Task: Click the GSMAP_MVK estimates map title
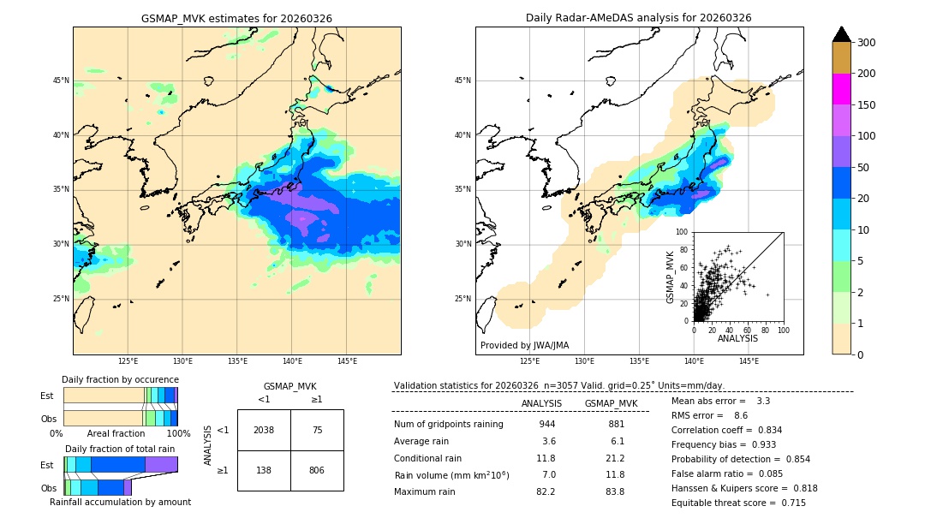click(236, 18)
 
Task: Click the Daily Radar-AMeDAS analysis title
click(639, 18)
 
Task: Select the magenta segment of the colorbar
click(841, 89)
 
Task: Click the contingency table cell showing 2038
click(264, 430)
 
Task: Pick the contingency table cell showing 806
click(317, 470)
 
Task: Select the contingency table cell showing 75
click(317, 430)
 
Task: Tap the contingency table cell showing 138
click(264, 470)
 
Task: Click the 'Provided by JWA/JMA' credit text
click(524, 346)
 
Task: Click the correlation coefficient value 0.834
click(764, 431)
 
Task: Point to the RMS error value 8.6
click(741, 415)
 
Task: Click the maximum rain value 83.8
click(615, 491)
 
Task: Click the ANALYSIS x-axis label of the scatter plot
click(737, 338)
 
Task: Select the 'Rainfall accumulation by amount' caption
click(120, 502)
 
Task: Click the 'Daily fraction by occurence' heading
click(120, 379)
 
